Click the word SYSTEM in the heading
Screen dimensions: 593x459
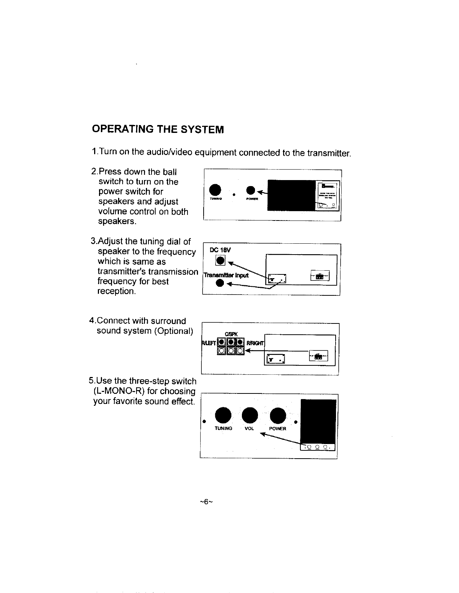click(202, 130)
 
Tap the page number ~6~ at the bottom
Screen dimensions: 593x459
click(207, 502)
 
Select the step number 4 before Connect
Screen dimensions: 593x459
click(91, 321)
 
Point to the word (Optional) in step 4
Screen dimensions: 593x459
click(173, 331)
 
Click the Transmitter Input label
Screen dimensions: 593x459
click(225, 276)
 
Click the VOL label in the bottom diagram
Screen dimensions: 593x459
click(249, 428)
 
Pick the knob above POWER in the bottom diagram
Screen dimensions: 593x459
click(278, 415)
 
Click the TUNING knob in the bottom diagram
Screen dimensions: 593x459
click(223, 415)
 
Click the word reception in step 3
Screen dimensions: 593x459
click(116, 291)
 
